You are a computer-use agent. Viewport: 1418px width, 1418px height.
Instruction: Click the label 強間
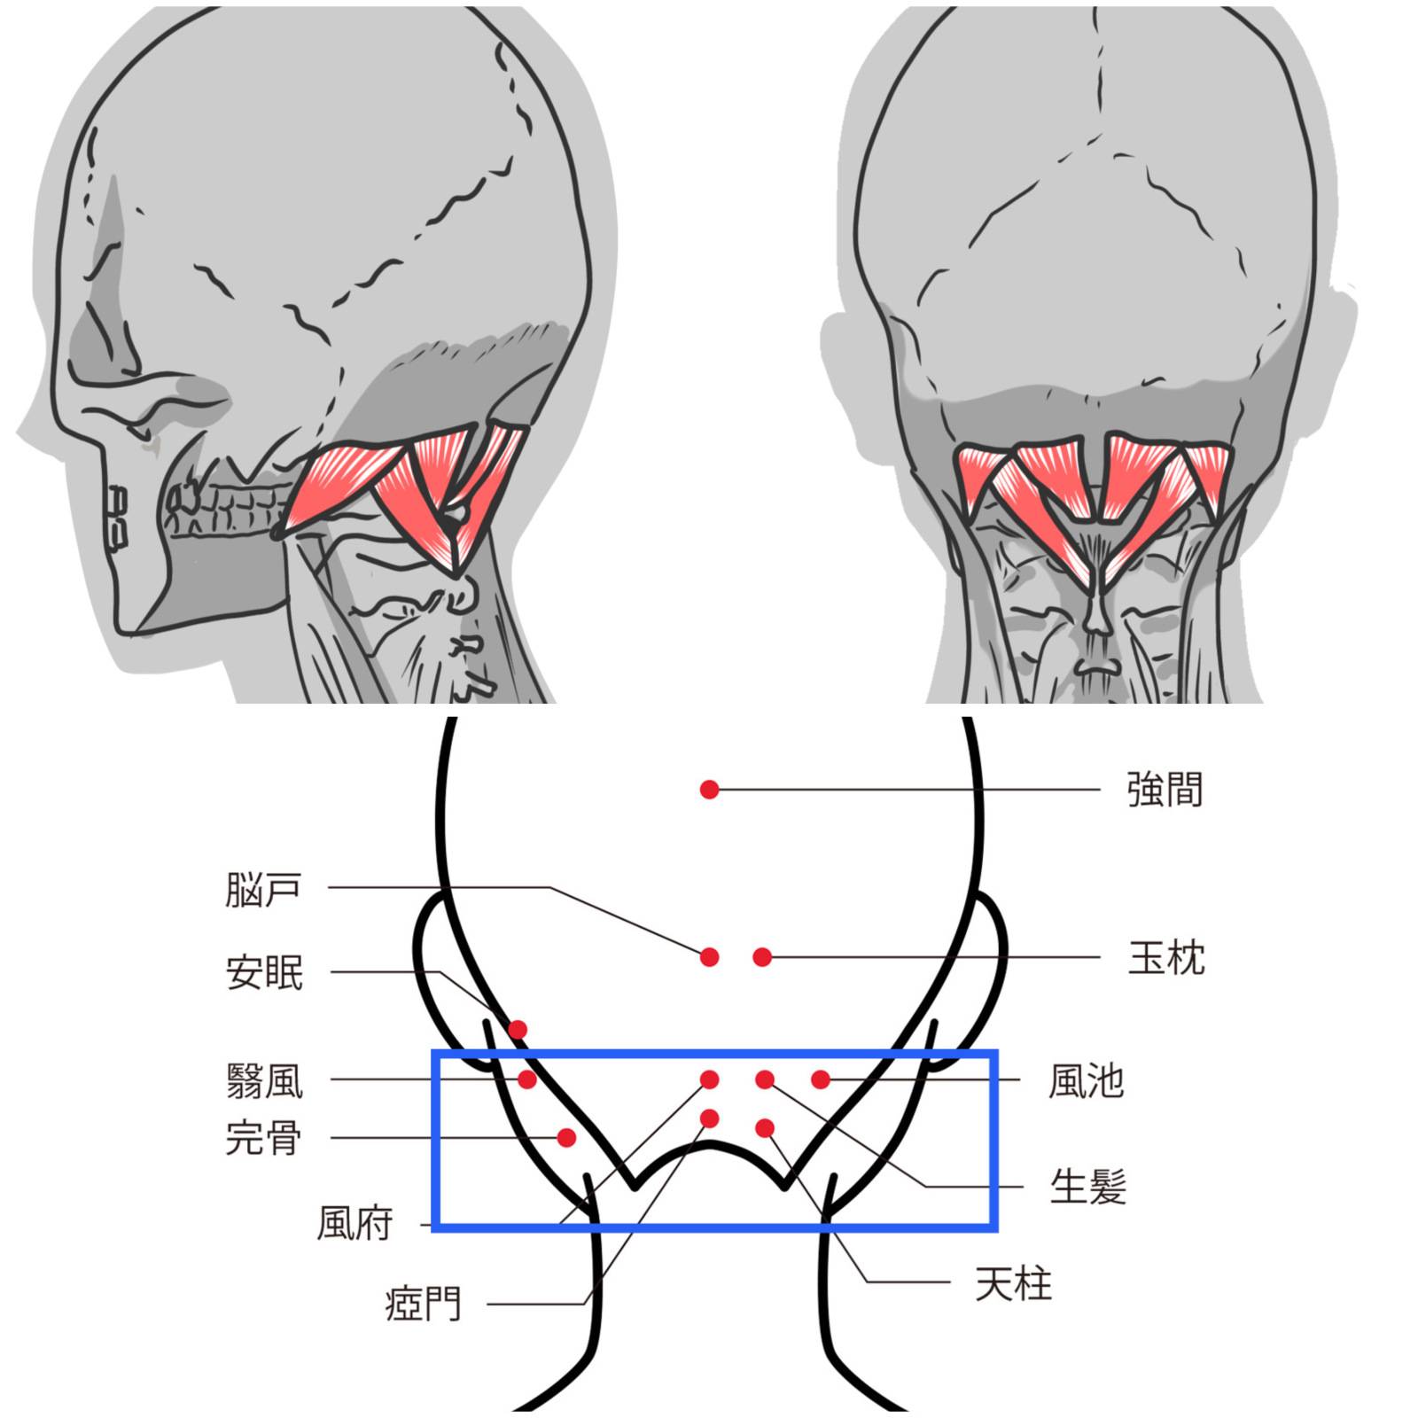(1165, 790)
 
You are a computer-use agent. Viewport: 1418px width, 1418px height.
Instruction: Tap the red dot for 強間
(709, 789)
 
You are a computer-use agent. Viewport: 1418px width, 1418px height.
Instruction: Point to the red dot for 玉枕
(762, 957)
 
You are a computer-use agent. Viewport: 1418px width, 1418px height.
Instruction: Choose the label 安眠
(264, 972)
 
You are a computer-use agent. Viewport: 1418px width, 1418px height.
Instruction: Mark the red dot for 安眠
(518, 1030)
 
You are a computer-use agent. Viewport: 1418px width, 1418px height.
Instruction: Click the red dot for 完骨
(566, 1138)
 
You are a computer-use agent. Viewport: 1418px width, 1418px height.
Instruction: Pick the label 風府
(354, 1224)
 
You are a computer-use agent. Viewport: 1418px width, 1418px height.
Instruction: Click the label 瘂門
(424, 1304)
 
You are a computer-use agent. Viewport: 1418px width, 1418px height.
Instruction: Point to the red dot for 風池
(821, 1079)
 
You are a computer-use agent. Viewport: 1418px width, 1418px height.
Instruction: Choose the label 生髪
(1088, 1187)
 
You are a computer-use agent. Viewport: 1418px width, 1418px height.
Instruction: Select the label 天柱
(1014, 1283)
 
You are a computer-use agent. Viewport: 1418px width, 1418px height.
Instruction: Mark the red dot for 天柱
(765, 1128)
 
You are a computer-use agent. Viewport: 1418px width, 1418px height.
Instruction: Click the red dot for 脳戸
(709, 957)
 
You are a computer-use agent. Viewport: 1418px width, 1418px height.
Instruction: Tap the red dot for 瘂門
(709, 1119)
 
